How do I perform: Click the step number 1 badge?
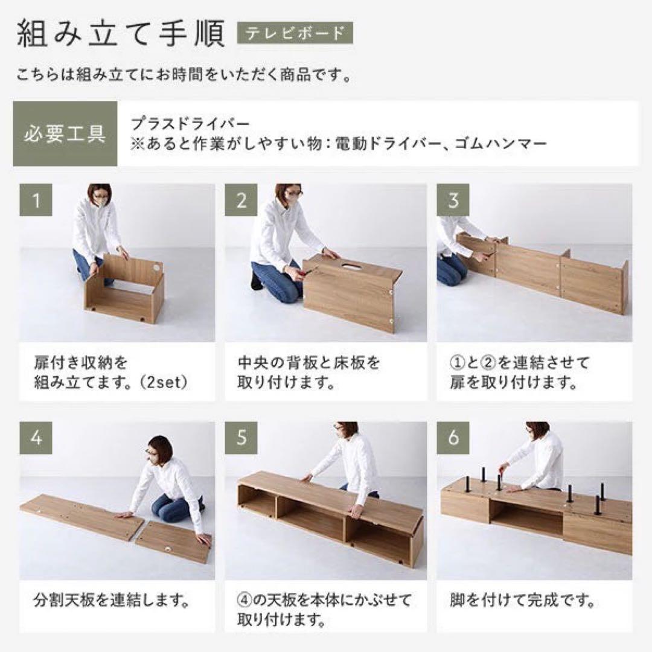tap(36, 200)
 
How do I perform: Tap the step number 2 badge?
tap(241, 200)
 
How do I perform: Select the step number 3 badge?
tap(453, 200)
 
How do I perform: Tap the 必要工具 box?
tap(65, 133)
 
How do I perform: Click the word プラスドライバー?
tap(190, 124)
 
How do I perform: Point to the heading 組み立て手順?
tap(121, 34)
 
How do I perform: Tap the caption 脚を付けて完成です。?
tap(523, 601)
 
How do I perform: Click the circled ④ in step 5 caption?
tap(245, 601)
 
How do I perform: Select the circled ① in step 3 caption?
tap(457, 363)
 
